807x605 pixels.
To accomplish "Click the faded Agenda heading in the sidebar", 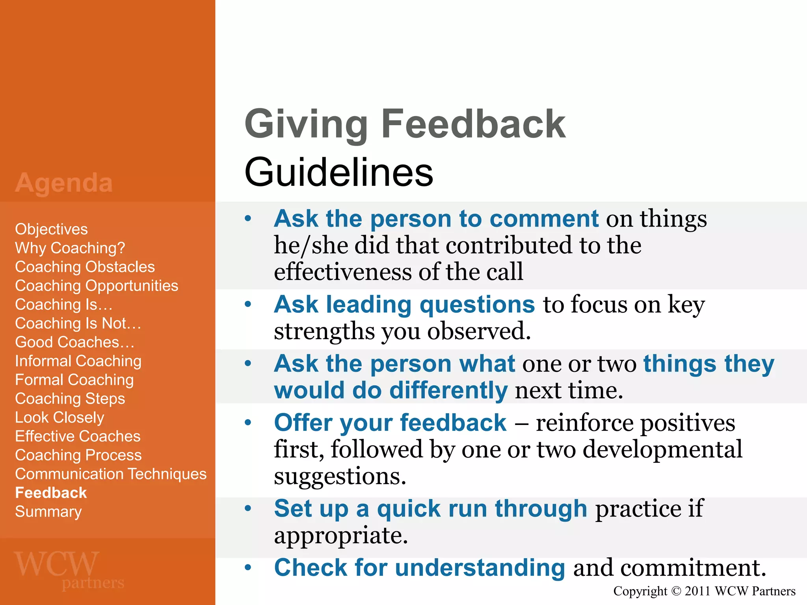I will [x=64, y=184].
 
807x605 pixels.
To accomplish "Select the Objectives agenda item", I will [x=51, y=229].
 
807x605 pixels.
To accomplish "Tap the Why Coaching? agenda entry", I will [x=70, y=248].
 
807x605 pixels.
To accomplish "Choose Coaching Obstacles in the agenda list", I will [x=85, y=267].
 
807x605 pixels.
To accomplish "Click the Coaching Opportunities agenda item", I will [x=97, y=286].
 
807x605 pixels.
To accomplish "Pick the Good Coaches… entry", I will [x=74, y=342].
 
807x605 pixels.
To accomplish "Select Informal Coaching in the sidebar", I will [x=78, y=361].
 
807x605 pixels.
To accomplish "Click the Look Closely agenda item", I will [x=60, y=418].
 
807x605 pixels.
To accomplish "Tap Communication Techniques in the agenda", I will [x=111, y=474].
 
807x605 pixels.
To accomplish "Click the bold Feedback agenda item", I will [x=51, y=493].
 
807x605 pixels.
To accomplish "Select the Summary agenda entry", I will [x=48, y=512].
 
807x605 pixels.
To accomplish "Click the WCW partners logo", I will [x=69, y=570].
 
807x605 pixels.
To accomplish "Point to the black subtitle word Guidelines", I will [x=338, y=172].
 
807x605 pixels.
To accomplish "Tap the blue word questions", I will [x=477, y=304].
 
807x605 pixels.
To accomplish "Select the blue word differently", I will [x=448, y=390].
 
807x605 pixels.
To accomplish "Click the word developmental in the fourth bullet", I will [x=662, y=449].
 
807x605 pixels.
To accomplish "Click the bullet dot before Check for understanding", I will [x=248, y=568].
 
